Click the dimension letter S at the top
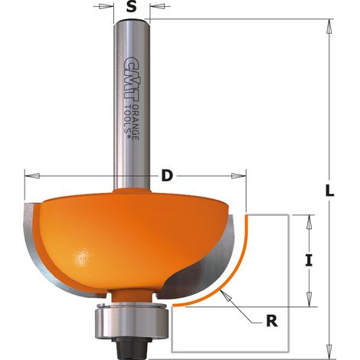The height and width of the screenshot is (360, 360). click(131, 7)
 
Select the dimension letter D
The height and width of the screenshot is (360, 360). click(167, 175)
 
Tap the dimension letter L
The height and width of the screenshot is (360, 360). click(329, 190)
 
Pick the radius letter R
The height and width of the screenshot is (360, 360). click(272, 321)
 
